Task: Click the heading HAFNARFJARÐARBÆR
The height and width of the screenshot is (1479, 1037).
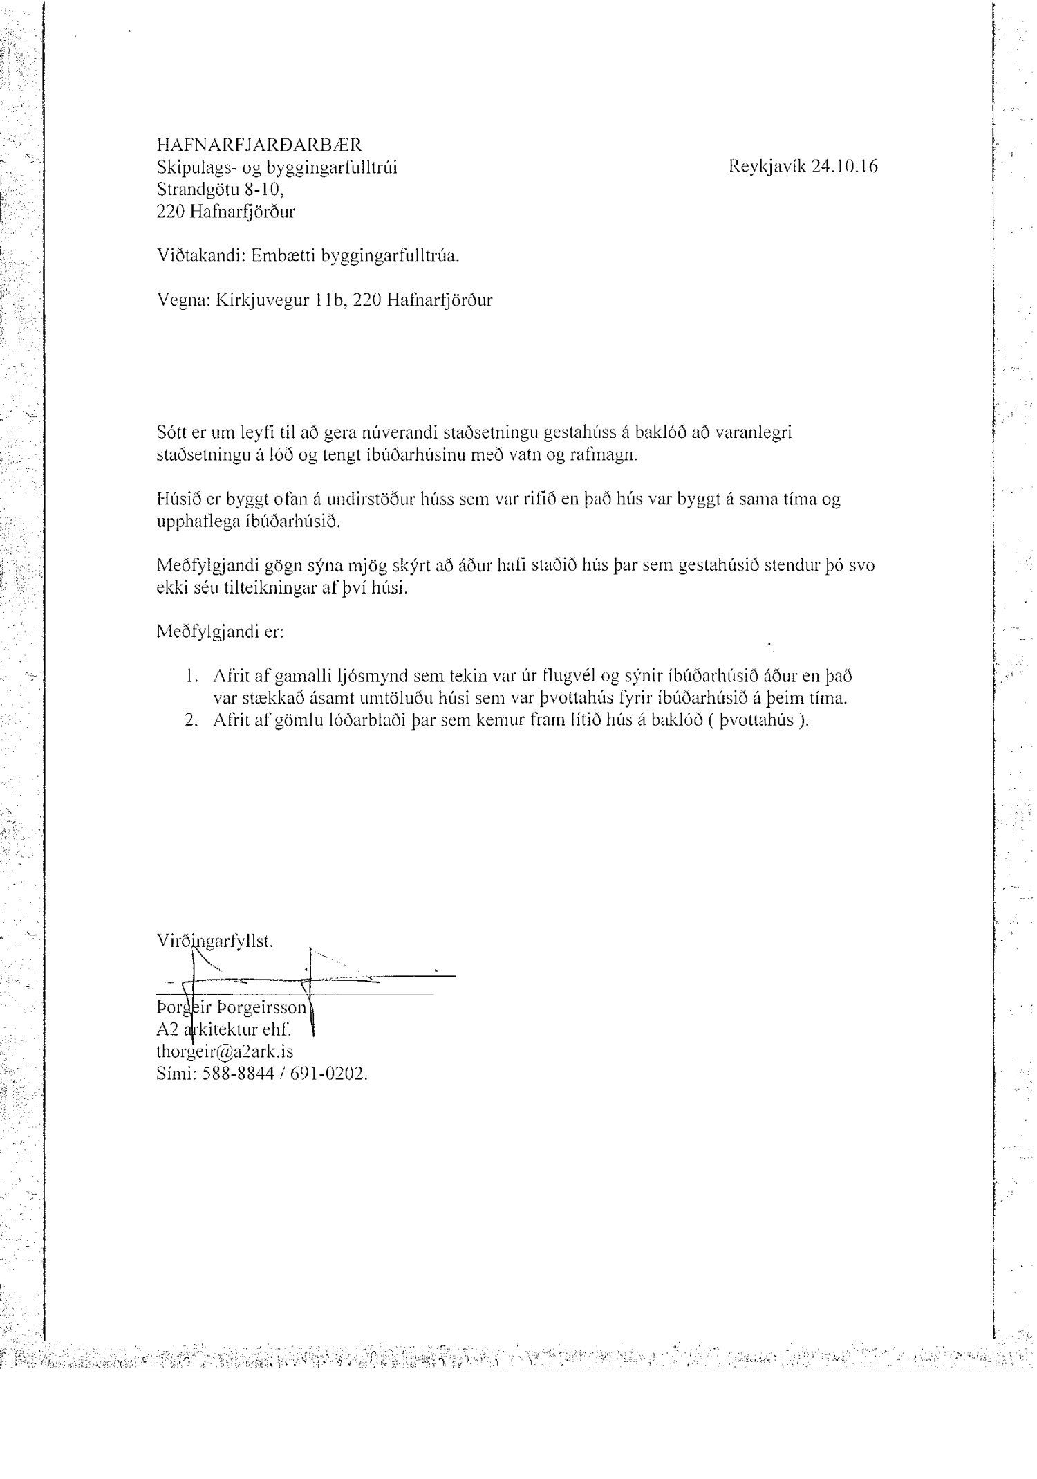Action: coord(259,145)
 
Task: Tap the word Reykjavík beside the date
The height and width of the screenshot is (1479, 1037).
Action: coord(767,167)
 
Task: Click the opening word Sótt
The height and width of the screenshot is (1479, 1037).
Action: coord(171,432)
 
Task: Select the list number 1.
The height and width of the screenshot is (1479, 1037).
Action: coord(192,676)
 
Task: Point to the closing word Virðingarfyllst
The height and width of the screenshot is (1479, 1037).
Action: coord(215,941)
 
